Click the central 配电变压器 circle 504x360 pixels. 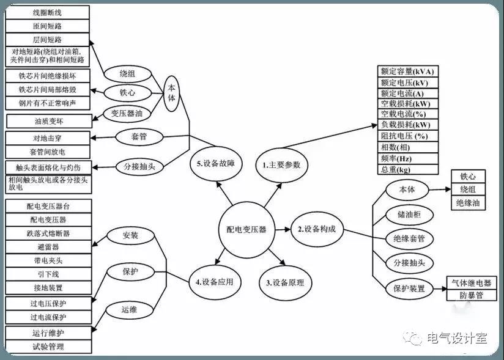point(246,230)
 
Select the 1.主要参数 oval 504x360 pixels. point(281,165)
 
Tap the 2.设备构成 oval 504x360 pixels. point(317,229)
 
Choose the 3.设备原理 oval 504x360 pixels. point(285,282)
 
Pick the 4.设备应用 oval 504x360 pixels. point(215,282)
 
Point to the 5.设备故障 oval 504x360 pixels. point(216,164)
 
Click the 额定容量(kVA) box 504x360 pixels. point(407,72)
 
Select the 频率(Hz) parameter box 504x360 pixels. point(407,159)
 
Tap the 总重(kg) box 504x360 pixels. point(407,169)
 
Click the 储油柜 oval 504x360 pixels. point(409,215)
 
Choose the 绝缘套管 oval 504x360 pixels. point(409,238)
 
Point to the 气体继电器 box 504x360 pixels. point(472,283)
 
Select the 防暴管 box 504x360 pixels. point(472,295)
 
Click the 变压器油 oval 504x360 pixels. point(127,113)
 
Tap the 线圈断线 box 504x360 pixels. point(47,12)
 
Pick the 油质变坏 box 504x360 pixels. point(49,122)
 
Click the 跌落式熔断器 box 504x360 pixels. point(48,233)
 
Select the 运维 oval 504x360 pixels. point(130,310)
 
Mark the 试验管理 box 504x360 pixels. point(48,347)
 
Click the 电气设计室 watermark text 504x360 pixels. point(457,338)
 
